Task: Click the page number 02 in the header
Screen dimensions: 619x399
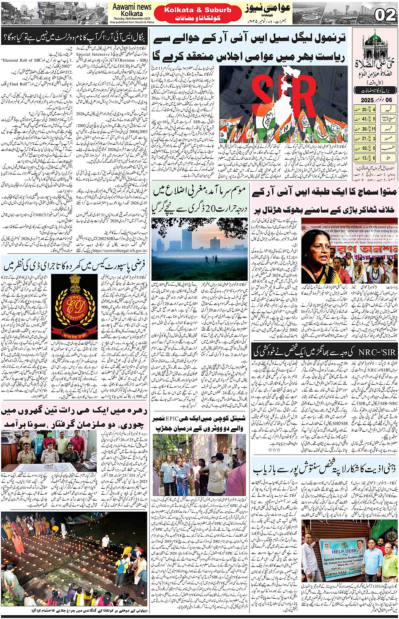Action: click(385, 15)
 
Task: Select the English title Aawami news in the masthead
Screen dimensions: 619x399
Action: click(132, 7)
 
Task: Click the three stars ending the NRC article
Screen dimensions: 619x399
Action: click(275, 449)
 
